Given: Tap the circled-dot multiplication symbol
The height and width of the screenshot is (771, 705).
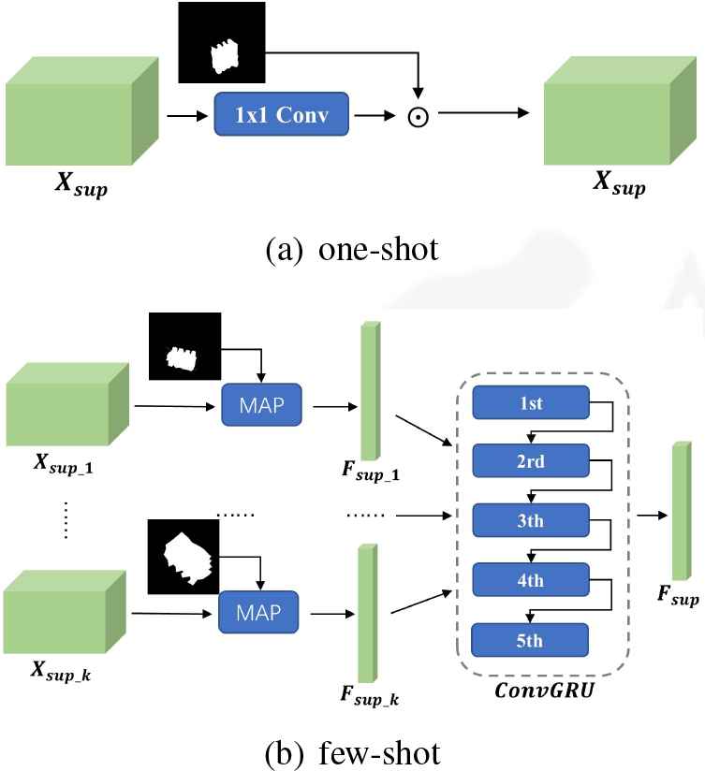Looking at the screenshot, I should [418, 116].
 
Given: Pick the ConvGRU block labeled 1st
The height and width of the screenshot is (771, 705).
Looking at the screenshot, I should [531, 403].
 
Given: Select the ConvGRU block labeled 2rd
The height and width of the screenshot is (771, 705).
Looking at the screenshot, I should [531, 461].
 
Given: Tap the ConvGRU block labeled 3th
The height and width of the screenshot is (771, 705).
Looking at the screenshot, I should [531, 520].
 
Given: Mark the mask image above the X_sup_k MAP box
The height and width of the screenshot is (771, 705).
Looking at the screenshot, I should [184, 557].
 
